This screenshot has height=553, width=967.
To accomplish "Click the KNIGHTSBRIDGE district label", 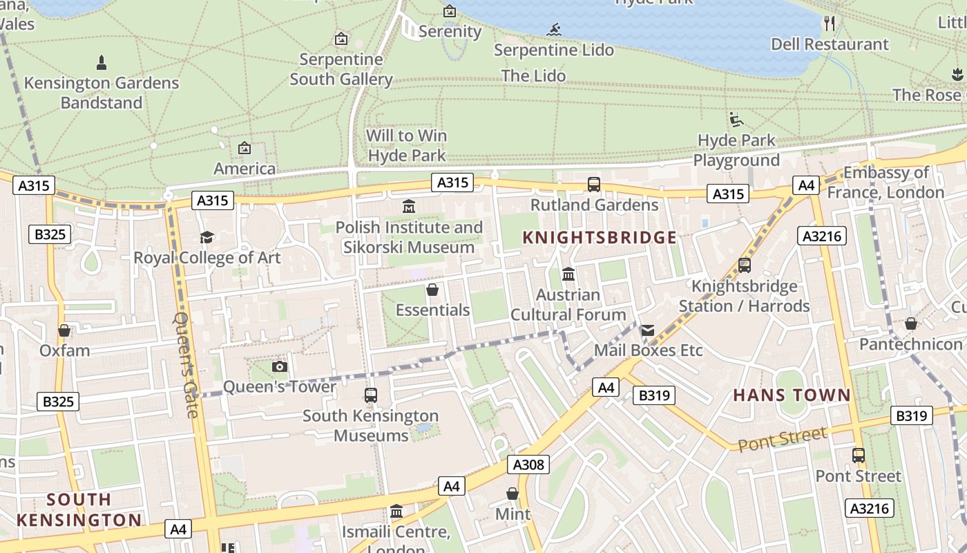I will (599, 238).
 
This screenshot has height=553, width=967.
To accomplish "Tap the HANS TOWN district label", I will (792, 395).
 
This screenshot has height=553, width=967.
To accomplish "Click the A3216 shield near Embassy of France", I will (822, 236).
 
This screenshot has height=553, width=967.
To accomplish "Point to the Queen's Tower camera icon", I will (280, 366).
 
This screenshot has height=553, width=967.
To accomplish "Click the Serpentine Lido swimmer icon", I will (554, 30).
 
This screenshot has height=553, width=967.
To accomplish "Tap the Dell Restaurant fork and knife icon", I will (830, 24).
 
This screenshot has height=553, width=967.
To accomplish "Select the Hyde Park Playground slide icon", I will (736, 120).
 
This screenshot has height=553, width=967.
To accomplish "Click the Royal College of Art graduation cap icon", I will (207, 238).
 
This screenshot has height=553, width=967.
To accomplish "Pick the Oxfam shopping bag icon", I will (64, 330).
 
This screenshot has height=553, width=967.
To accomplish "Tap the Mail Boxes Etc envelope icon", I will (647, 330).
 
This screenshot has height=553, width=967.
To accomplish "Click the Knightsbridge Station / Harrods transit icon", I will (744, 265).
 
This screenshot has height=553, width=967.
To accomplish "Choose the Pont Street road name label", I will (782, 439).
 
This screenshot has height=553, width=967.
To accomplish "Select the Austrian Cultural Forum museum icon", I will (568, 274).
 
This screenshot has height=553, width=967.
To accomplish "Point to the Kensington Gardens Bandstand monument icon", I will (102, 63).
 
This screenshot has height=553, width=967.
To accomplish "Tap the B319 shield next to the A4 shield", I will (653, 395).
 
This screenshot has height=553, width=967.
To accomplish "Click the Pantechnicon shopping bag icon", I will (911, 324).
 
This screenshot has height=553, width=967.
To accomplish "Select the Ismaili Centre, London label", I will (396, 533).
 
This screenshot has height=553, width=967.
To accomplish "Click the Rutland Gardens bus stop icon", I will (593, 185).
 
